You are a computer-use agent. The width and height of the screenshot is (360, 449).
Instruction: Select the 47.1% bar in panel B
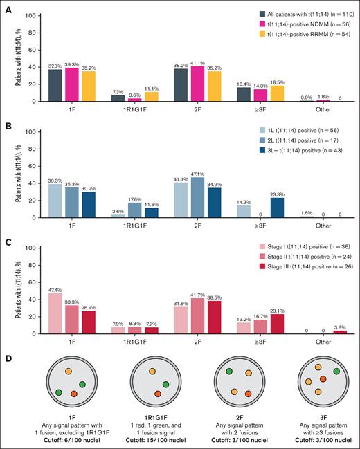(197, 189)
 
